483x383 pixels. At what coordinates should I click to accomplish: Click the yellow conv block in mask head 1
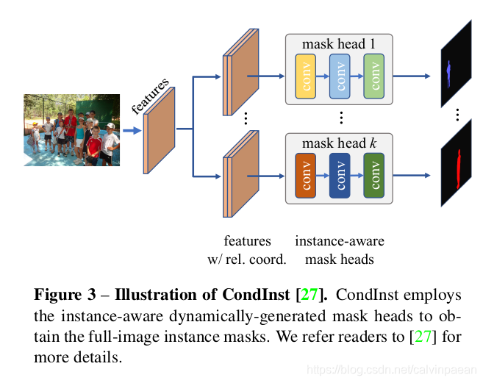(x=305, y=76)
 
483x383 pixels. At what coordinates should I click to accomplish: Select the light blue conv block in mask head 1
(x=340, y=76)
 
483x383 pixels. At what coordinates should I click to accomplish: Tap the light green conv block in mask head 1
(x=373, y=76)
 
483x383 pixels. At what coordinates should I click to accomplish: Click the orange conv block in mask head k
(x=305, y=175)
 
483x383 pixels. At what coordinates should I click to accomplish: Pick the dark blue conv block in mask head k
(x=340, y=175)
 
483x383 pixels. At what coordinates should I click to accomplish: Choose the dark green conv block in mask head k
(x=373, y=175)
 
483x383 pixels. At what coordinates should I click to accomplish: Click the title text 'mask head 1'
(x=339, y=43)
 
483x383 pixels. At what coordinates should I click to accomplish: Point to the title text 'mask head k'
(x=339, y=143)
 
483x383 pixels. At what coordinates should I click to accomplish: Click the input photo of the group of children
(x=71, y=129)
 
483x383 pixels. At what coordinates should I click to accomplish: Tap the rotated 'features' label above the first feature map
(x=150, y=95)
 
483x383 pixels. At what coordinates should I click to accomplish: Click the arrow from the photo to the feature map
(x=132, y=131)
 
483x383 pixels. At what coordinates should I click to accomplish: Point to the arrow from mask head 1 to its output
(x=415, y=76)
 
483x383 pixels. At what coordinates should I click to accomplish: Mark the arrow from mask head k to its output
(x=415, y=176)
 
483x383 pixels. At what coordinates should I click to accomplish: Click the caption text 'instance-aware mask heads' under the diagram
(x=339, y=250)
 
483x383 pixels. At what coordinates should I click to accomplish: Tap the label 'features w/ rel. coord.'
(x=247, y=250)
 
